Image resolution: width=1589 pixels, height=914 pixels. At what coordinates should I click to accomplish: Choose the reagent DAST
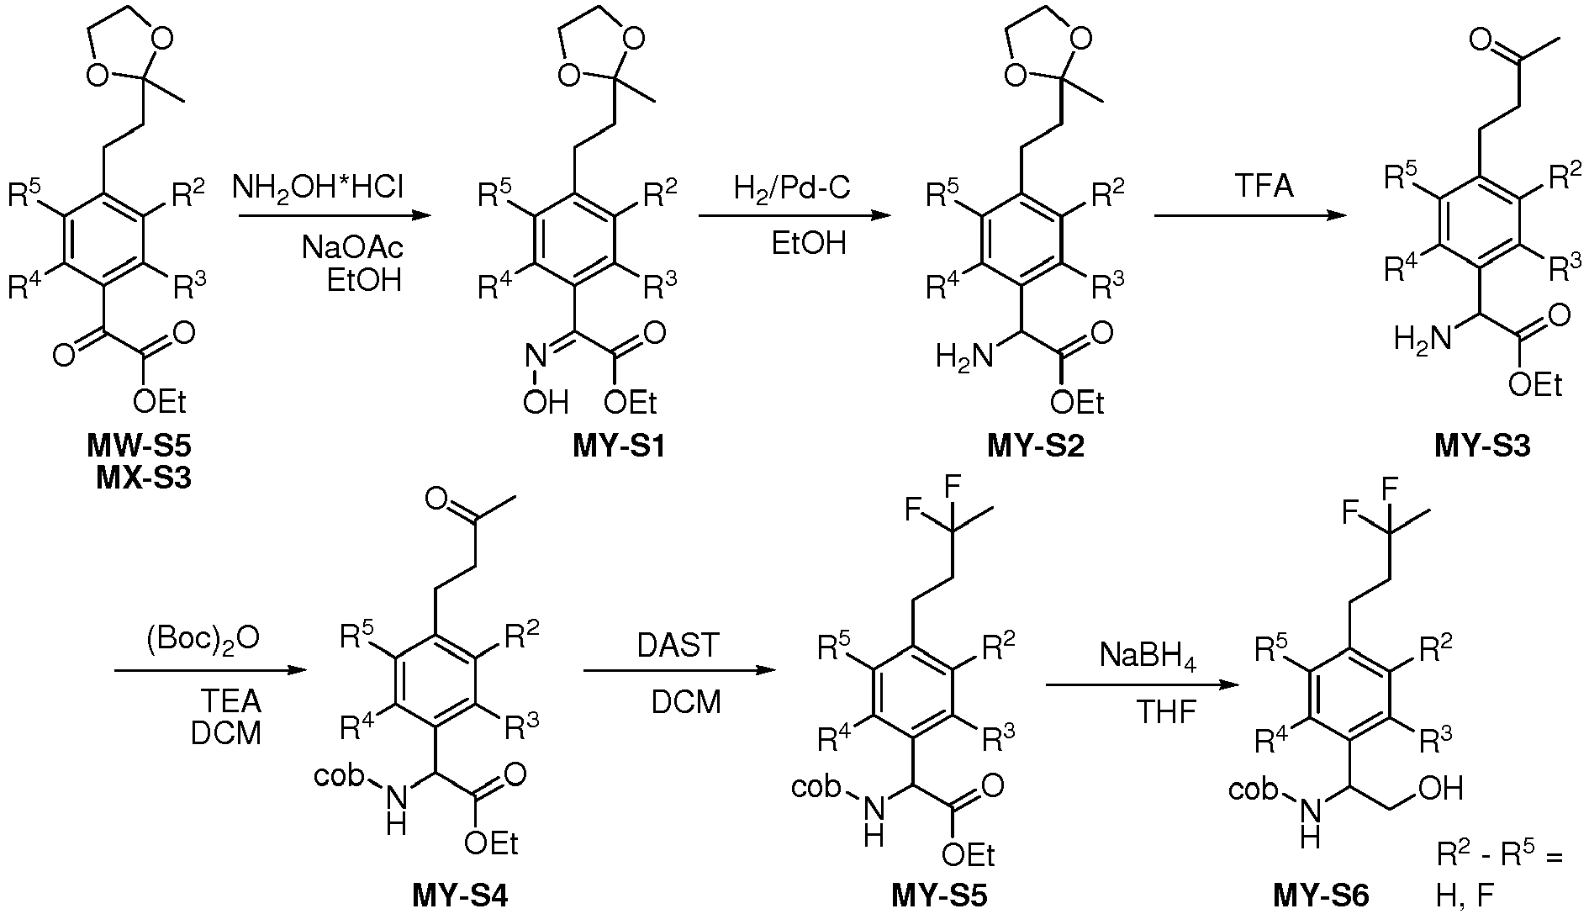(678, 646)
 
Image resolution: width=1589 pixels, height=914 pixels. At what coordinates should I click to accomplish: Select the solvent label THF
(1166, 713)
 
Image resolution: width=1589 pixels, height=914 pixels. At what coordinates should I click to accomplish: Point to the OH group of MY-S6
(1440, 789)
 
